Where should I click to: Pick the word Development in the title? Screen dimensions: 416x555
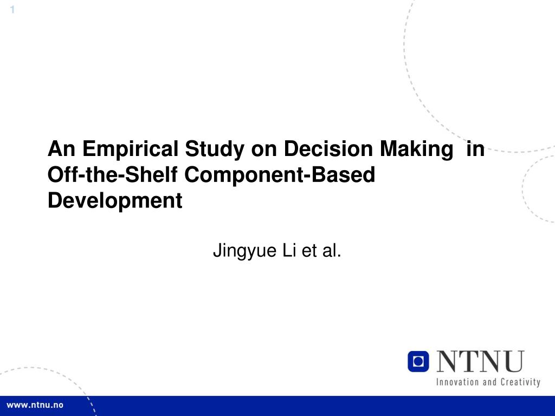(x=115, y=201)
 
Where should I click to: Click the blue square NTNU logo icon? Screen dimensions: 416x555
(x=418, y=361)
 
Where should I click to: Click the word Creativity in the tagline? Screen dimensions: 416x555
(x=520, y=382)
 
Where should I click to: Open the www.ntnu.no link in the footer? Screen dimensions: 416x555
(x=35, y=406)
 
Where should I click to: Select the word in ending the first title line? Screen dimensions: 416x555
(x=475, y=149)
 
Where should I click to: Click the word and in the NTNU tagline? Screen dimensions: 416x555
(x=489, y=382)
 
